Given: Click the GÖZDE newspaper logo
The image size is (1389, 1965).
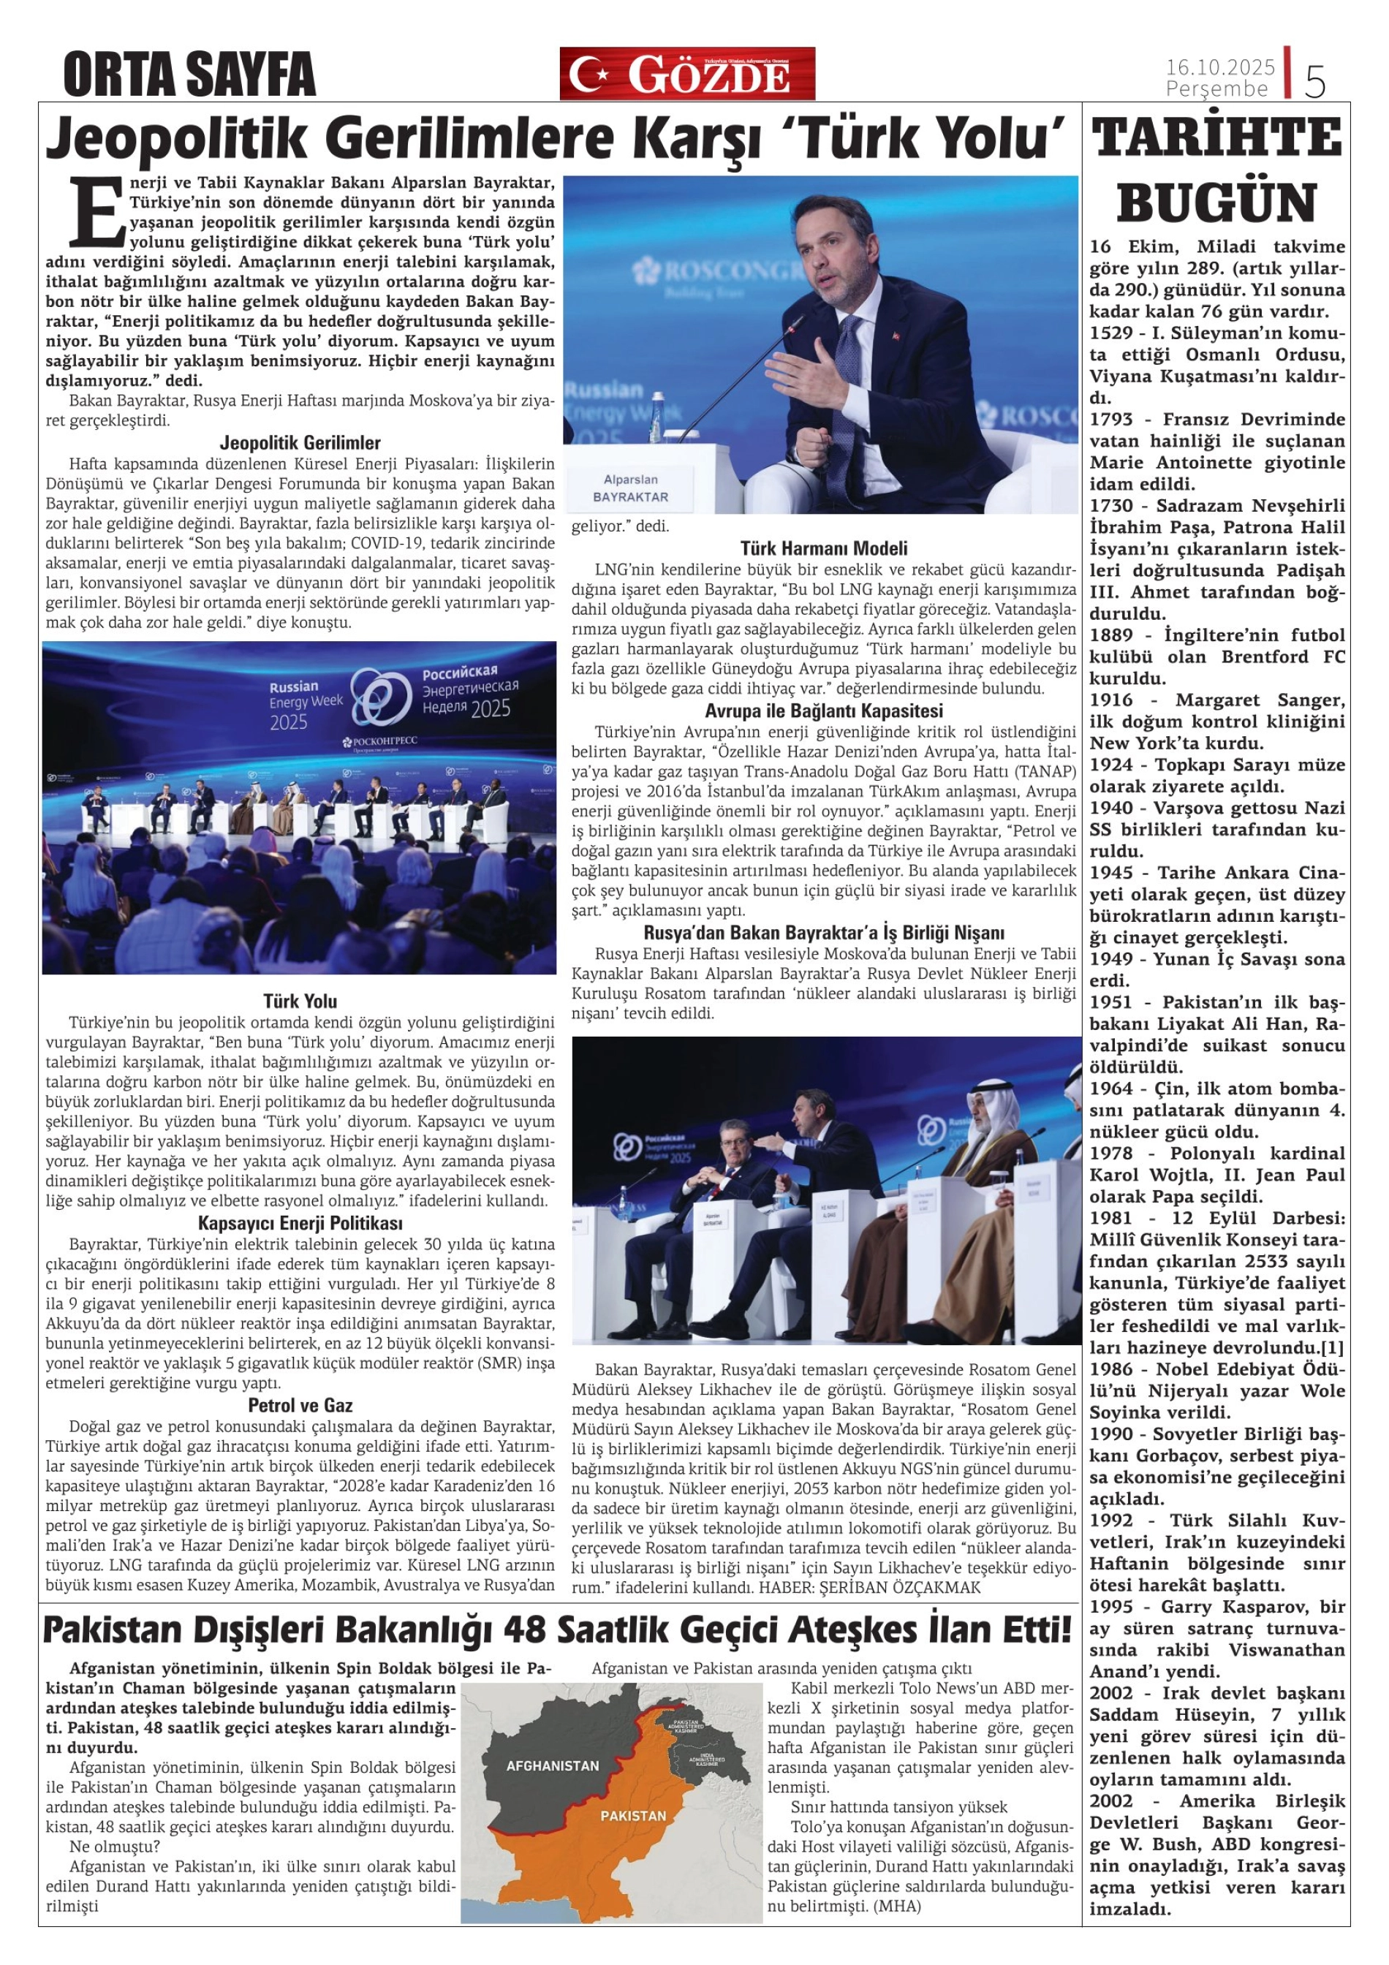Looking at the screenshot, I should coord(687,75).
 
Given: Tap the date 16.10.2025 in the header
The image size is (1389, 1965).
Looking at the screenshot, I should coord(1220,67).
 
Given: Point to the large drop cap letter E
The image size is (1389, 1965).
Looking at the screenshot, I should coord(96,211).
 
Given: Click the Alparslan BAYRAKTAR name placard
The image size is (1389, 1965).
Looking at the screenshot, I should coord(631,488).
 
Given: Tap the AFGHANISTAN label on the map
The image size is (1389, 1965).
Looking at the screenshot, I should coord(553,1765).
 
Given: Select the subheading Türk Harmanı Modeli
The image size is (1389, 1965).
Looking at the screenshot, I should coord(823,548).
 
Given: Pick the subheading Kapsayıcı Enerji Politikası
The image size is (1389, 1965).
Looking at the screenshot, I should coord(300,1223).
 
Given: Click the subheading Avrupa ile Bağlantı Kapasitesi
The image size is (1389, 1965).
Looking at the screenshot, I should coord(823,711).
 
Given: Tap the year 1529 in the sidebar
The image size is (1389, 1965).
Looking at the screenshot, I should coord(1111,333).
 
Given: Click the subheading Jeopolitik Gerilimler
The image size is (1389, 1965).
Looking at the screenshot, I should coord(300,442).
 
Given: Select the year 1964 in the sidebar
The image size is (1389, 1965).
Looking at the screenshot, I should coord(1111,1088).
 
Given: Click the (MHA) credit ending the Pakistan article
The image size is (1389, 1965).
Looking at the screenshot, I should coord(896,1906).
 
